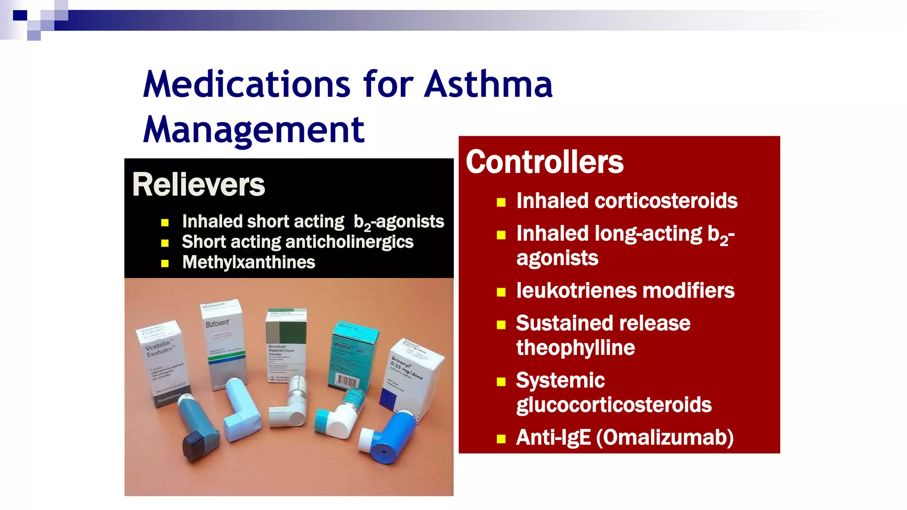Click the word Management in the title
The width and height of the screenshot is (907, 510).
[254, 130]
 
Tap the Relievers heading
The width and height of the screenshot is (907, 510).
[198, 185]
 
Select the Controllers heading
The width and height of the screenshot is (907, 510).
[544, 162]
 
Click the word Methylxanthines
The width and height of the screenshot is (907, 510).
[248, 263]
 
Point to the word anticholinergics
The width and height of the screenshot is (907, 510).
[347, 242]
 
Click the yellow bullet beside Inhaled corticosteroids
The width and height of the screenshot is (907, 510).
[501, 203]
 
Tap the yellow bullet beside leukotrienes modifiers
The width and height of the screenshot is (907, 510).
[501, 292]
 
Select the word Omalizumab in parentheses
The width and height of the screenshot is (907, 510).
[665, 437]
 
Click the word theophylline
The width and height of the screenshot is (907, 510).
[575, 348]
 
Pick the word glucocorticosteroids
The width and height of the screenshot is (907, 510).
[614, 405]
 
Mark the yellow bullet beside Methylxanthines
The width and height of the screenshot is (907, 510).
[165, 264]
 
